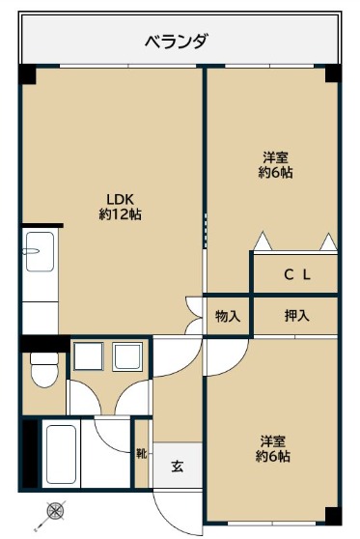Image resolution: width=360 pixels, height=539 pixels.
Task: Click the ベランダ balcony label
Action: [177, 43]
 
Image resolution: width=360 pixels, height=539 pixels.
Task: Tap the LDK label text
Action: [120, 199]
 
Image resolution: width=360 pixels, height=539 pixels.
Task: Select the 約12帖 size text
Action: [121, 214]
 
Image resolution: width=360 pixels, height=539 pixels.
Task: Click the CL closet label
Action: [297, 274]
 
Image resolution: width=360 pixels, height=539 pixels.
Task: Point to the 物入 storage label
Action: [228, 316]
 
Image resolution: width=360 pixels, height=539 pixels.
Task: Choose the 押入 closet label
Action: [297, 316]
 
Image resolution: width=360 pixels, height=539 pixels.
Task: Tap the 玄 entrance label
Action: [178, 467]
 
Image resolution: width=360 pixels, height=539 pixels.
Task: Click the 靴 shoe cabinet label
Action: [141, 454]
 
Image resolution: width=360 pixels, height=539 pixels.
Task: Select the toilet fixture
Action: [44, 370]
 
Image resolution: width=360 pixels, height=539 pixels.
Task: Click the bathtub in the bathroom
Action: [61, 454]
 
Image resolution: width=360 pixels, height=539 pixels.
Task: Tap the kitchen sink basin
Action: [40, 251]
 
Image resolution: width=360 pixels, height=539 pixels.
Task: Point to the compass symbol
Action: [56, 510]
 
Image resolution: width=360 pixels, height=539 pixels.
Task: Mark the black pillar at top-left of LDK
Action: [27, 74]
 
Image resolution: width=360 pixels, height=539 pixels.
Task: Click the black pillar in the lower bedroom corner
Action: [333, 516]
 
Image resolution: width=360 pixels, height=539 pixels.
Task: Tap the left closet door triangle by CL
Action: [263, 241]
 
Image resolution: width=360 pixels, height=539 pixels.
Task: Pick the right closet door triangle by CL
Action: [328, 241]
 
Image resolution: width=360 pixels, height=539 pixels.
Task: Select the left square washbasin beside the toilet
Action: [89, 356]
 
